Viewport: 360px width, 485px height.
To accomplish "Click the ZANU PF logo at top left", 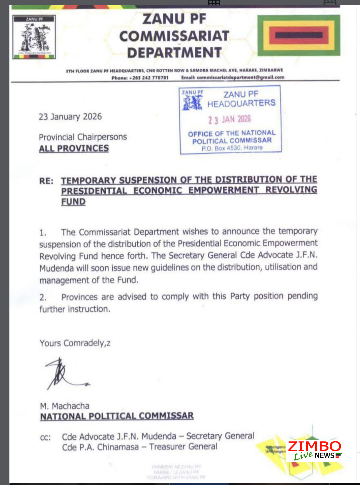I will tap(34, 37).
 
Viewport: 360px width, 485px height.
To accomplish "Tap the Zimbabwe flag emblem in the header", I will tap(299, 35).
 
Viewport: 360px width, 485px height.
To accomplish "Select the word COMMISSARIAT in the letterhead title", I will tap(174, 36).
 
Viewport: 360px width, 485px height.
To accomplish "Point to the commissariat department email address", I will tap(241, 77).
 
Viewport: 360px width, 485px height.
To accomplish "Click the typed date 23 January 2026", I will tap(70, 117).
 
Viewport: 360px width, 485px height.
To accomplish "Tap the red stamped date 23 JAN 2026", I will tap(230, 119).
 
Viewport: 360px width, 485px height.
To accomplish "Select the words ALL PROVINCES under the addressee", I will tap(74, 148).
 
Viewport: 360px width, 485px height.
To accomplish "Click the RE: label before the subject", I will tap(46, 181).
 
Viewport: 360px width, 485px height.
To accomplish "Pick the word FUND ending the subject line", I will tap(73, 202).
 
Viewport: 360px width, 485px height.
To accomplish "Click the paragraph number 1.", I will tap(43, 233).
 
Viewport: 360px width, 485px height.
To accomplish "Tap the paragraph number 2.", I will tap(43, 298).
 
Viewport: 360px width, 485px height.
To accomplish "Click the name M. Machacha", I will tap(65, 406).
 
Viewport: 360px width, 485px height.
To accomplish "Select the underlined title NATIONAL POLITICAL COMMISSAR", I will tap(117, 416).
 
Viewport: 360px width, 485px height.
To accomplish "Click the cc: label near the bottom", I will tap(45, 438).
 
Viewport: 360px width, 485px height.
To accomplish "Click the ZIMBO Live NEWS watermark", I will tap(314, 451).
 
